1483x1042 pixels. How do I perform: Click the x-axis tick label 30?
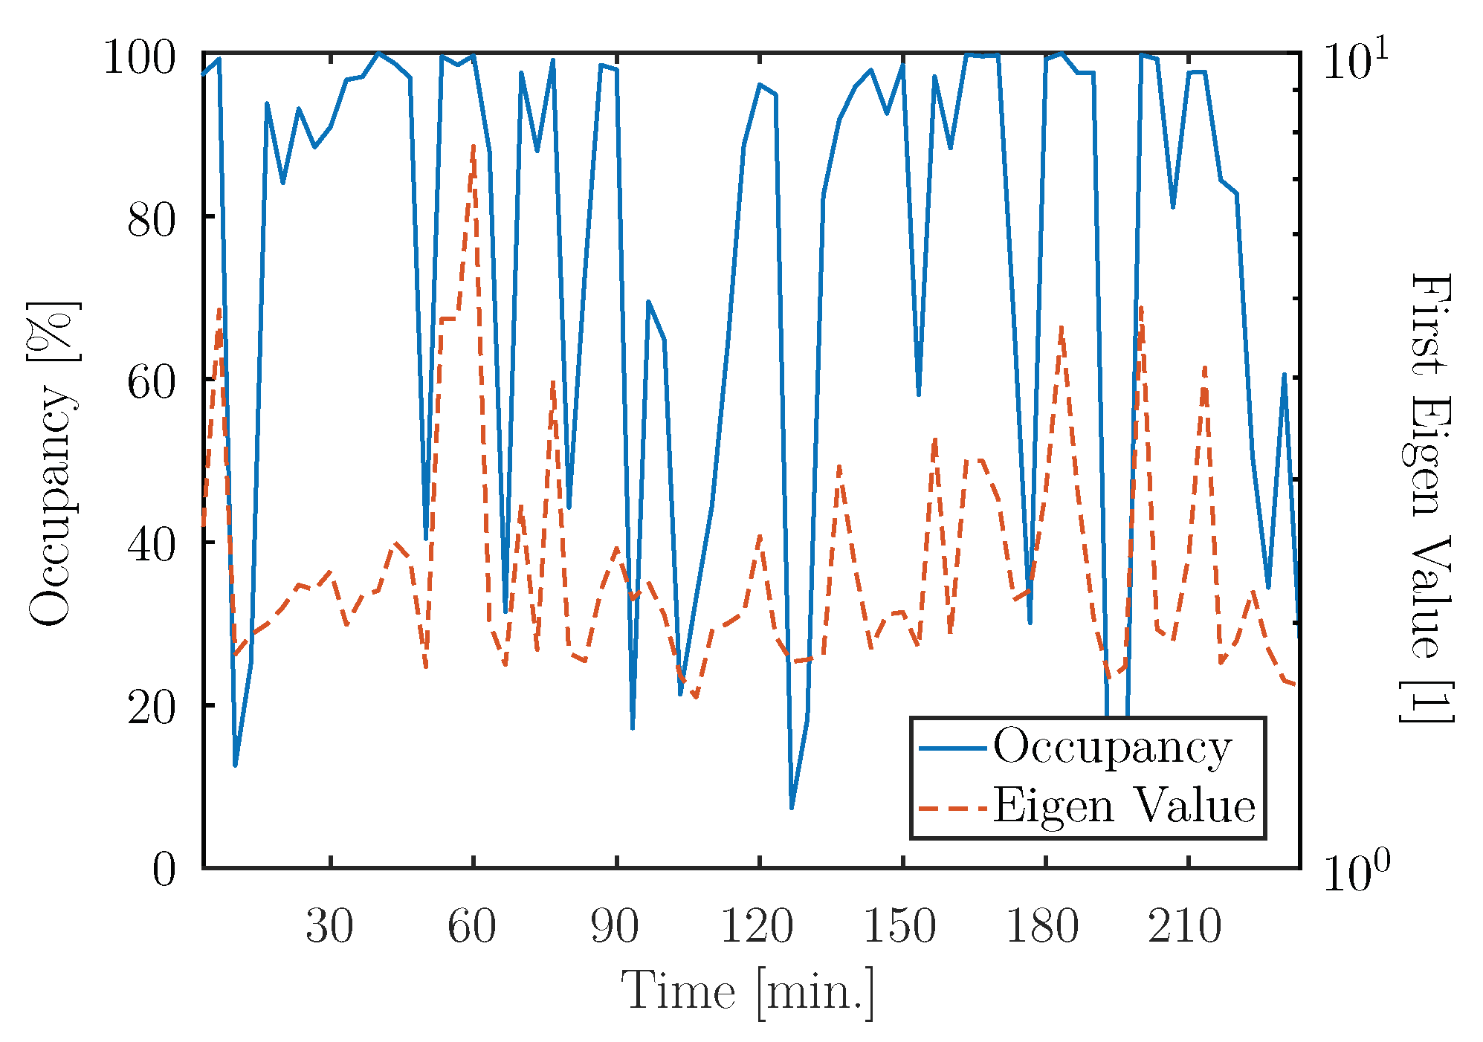[x=329, y=927]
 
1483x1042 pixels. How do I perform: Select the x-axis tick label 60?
[x=472, y=927]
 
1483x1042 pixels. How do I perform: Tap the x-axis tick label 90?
[x=615, y=927]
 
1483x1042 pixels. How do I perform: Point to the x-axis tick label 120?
[x=757, y=927]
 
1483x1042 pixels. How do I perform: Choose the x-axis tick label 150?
[x=900, y=927]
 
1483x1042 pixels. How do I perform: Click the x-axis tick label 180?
[x=1043, y=927]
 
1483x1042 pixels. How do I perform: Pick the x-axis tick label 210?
[x=1186, y=927]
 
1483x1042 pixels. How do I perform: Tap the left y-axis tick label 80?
[x=152, y=220]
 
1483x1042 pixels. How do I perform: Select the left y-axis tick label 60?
[x=152, y=383]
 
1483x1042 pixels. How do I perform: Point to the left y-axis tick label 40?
[x=152, y=546]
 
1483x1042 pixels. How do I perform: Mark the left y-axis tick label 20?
[x=152, y=708]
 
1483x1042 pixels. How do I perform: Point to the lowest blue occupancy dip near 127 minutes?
[x=792, y=807]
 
